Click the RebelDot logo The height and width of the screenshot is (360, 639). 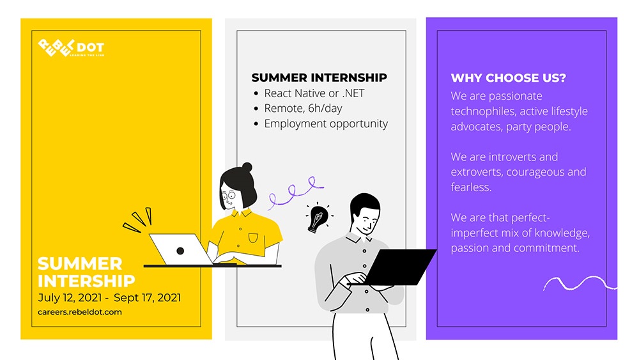71,48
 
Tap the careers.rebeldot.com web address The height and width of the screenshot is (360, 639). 80,312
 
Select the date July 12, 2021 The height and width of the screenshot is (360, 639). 70,298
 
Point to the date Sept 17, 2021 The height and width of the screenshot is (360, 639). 147,298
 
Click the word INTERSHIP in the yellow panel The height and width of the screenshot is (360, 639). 86,281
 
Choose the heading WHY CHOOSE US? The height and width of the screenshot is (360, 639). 508,78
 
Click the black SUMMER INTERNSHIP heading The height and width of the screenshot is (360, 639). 319,77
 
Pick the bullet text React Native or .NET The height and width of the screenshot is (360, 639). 314,93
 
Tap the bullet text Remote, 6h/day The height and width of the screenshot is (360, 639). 303,109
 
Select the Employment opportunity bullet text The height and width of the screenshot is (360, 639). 326,124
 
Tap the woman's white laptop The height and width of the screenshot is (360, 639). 181,249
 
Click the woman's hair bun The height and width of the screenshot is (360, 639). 247,167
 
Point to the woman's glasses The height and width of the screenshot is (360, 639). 229,196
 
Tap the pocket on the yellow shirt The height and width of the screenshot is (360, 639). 253,238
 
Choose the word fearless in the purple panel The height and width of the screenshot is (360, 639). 471,187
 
